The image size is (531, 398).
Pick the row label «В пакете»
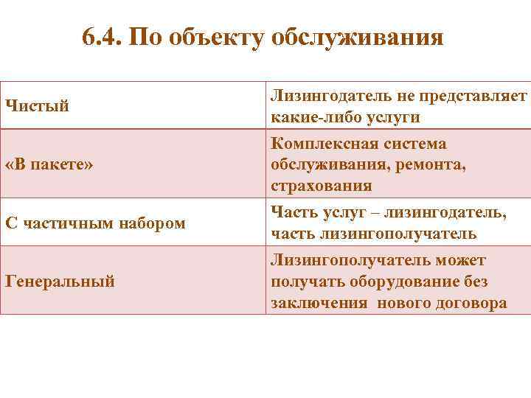tap(49, 164)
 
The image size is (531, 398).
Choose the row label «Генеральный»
tap(60, 280)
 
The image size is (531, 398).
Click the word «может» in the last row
tap(461, 260)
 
